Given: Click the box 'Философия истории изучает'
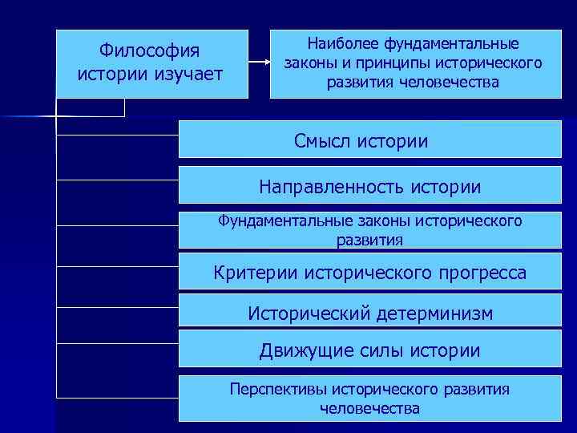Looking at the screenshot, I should click(x=152, y=64).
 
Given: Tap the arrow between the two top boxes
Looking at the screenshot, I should click(x=259, y=63).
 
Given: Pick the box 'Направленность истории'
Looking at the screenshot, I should click(x=370, y=187).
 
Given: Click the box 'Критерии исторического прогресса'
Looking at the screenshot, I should click(x=370, y=273).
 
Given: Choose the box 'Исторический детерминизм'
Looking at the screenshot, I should click(x=370, y=312).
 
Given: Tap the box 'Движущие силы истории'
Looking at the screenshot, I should click(x=370, y=350).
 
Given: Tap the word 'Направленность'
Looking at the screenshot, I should click(x=331, y=188).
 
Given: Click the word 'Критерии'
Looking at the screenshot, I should click(x=256, y=273).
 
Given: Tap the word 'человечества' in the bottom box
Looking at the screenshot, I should click(x=369, y=409).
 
